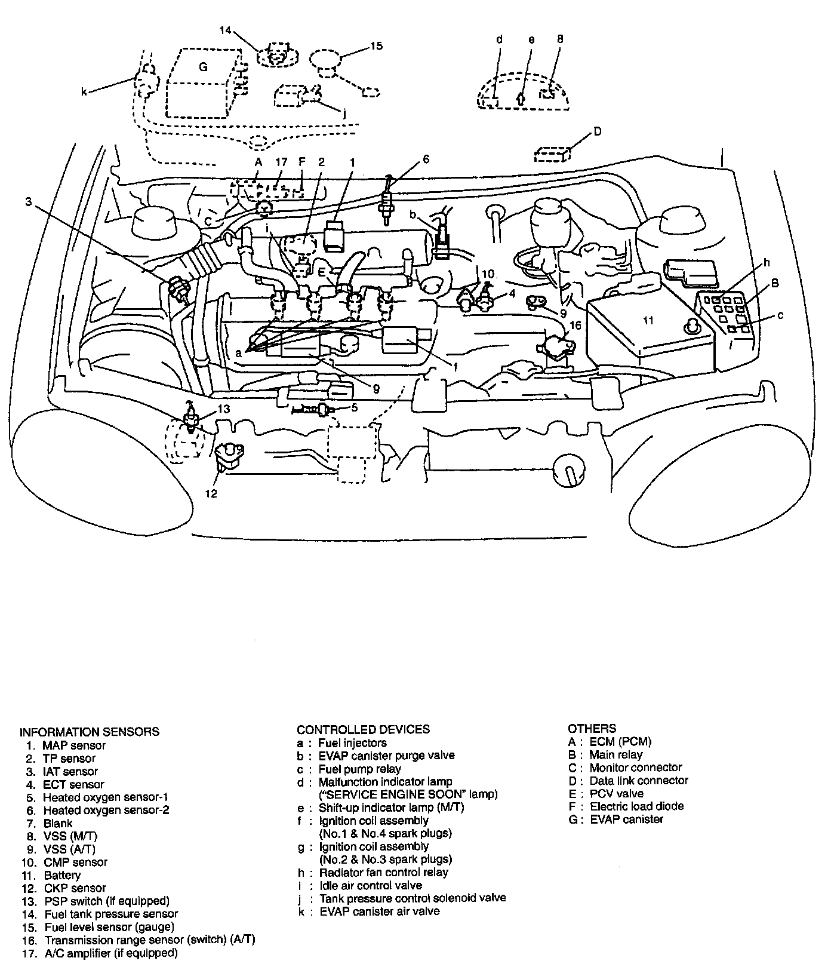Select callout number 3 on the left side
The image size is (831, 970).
click(28, 202)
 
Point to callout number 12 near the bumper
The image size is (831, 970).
click(211, 493)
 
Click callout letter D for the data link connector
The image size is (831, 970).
click(598, 131)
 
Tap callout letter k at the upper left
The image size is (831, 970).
click(85, 92)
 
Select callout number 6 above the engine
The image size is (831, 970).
click(426, 159)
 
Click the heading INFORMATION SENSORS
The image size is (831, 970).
click(90, 732)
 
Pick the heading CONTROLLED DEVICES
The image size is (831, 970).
click(363, 729)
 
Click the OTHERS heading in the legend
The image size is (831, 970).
click(592, 729)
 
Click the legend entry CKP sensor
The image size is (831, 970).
click(75, 888)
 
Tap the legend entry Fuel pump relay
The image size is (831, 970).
click(359, 769)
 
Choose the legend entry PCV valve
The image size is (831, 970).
click(617, 793)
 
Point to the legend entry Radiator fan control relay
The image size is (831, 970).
click(384, 872)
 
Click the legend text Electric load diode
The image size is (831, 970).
click(637, 806)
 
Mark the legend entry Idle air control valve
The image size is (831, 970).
click(371, 885)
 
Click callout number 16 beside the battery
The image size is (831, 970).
click(574, 326)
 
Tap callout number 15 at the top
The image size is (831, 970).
click(376, 46)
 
